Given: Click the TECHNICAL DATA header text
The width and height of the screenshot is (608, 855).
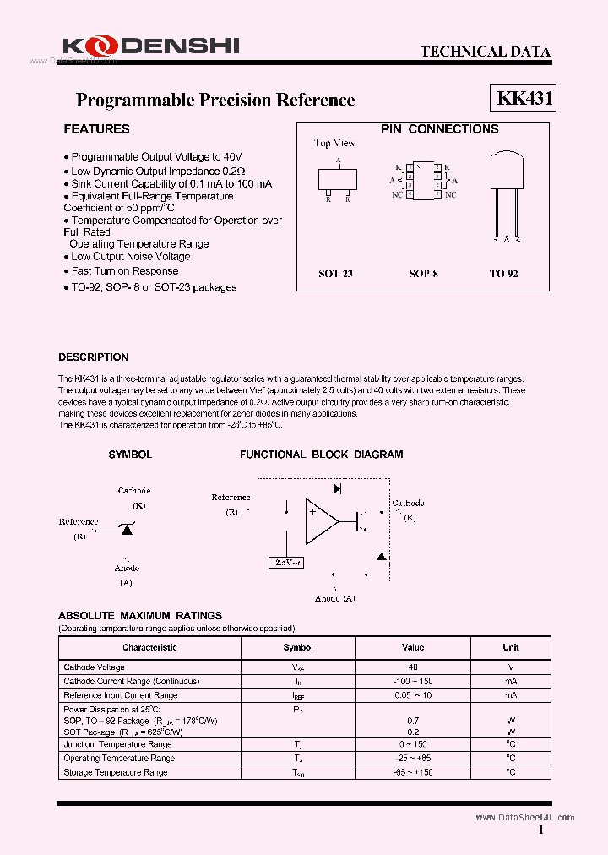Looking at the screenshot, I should pyautogui.click(x=486, y=52).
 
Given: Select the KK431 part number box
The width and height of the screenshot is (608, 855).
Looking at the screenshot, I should pyautogui.click(x=524, y=98).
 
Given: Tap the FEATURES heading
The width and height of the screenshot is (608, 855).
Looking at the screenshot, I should pyautogui.click(x=96, y=129).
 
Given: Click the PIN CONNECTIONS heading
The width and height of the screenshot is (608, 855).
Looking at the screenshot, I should pyautogui.click(x=439, y=129).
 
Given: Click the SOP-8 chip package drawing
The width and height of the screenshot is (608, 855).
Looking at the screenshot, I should pyautogui.click(x=422, y=180).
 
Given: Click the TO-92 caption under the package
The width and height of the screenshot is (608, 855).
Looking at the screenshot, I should pyautogui.click(x=504, y=275).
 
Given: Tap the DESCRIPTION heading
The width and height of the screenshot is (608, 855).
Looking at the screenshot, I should pyautogui.click(x=93, y=357).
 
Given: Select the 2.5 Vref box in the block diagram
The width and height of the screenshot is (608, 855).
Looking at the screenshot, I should pyautogui.click(x=288, y=562).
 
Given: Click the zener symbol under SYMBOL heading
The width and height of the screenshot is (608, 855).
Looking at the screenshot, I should pyautogui.click(x=127, y=528).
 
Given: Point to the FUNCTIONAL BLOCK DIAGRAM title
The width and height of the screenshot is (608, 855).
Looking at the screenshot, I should pyautogui.click(x=321, y=455).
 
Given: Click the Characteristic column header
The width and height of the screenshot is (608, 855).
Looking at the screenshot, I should pyautogui.click(x=149, y=648).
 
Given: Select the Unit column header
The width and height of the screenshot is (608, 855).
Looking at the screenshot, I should pyautogui.click(x=511, y=648).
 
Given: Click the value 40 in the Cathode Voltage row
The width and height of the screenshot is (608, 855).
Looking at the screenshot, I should pyautogui.click(x=412, y=667).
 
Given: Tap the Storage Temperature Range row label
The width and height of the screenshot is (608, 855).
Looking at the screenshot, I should pyautogui.click(x=116, y=772).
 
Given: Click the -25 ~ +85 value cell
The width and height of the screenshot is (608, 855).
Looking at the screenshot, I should pyautogui.click(x=412, y=758).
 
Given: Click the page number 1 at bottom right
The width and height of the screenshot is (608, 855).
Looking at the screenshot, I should pyautogui.click(x=541, y=831).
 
